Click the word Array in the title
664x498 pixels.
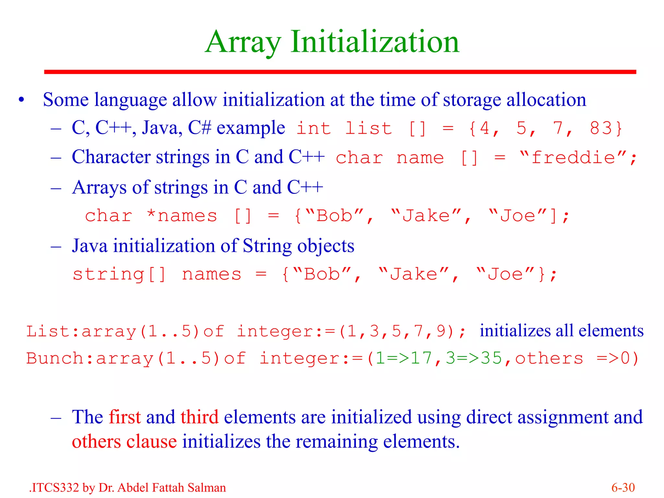tap(243, 42)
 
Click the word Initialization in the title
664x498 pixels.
tap(375, 42)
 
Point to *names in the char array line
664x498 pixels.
tap(182, 216)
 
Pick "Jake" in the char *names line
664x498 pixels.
tap(426, 216)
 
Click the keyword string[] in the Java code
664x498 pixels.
tap(119, 275)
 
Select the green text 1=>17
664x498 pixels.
tap(403, 358)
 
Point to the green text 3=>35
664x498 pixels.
tap(473, 358)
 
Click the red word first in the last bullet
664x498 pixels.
tap(124, 417)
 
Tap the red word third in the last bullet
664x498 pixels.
tap(199, 417)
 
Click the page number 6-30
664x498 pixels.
tap(623, 488)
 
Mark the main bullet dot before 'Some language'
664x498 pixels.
tap(21, 100)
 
